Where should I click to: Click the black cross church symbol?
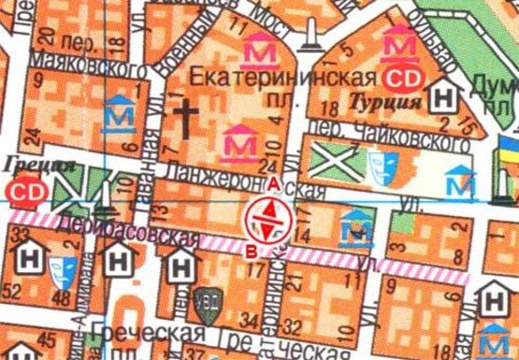coord(186,119)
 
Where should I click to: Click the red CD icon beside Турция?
coord(404,77)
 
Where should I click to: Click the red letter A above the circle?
coord(273,184)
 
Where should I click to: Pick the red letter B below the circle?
coord(251,249)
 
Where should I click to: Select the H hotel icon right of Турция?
coord(447,96)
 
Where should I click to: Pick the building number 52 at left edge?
coord(11,295)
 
